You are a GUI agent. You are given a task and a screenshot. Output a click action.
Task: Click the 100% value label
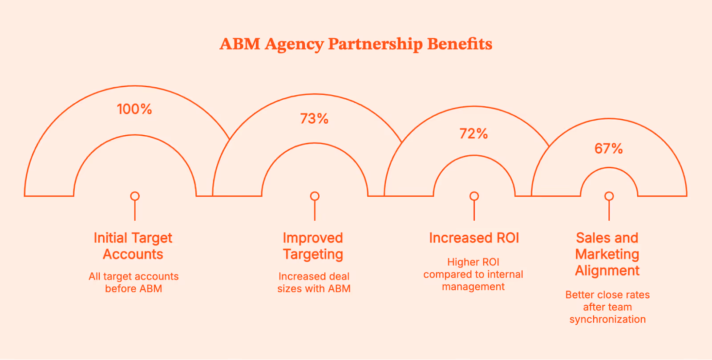click(134, 109)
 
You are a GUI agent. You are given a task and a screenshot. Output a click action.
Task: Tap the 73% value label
click(314, 119)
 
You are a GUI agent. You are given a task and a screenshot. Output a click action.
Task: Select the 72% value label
click(473, 133)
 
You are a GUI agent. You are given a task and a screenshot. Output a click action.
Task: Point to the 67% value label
click(608, 149)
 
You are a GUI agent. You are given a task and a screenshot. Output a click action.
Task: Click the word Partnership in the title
click(375, 44)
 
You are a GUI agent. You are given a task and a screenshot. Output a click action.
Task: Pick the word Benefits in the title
click(460, 44)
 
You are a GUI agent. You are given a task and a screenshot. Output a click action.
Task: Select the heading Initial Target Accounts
click(133, 246)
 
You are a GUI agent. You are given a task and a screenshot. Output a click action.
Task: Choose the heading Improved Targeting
click(313, 246)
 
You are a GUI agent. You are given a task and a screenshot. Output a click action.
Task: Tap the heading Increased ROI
click(474, 238)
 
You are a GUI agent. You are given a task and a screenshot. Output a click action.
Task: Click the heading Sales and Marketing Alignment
click(607, 254)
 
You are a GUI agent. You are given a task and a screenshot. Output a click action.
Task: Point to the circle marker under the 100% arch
click(135, 196)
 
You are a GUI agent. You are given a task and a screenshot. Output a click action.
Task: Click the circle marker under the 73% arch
click(315, 196)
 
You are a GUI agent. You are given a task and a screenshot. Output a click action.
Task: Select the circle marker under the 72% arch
click(474, 196)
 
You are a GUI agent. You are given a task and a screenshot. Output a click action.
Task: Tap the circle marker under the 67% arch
click(609, 196)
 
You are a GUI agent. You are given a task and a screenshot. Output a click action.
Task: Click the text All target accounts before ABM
click(133, 283)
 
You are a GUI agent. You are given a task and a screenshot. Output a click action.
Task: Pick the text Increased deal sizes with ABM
click(314, 283)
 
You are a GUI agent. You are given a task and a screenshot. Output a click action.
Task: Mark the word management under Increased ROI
click(473, 287)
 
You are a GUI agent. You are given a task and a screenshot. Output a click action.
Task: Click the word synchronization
click(607, 320)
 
